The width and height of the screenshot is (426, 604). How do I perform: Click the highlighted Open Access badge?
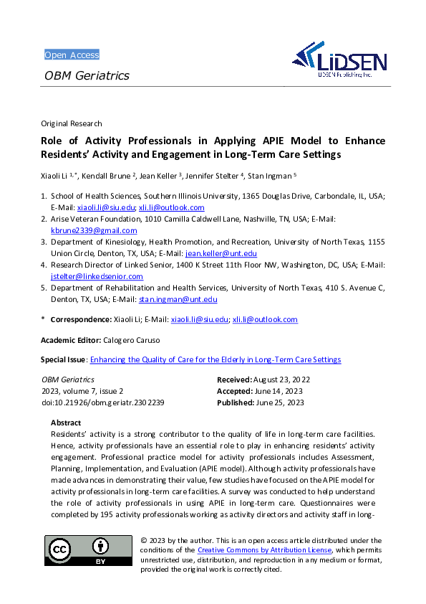click(72, 55)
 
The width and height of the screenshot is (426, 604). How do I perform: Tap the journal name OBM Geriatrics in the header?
click(87, 75)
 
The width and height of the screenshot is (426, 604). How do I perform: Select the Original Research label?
click(72, 123)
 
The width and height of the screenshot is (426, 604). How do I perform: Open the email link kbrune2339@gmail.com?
click(94, 231)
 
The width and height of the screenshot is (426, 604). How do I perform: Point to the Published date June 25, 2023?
click(279, 402)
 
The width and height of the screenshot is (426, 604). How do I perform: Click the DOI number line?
click(103, 402)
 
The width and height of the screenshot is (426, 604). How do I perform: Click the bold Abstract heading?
click(66, 423)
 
